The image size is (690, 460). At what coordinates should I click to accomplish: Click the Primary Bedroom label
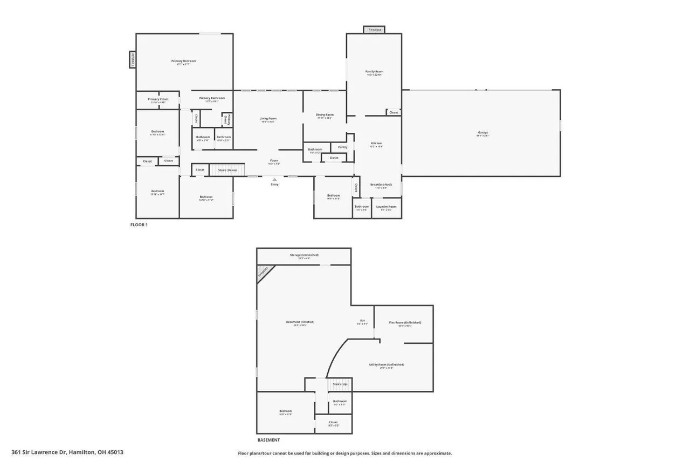[184, 61]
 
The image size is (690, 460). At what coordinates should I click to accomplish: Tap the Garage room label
[482, 132]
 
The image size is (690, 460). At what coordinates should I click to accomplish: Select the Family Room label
[374, 71]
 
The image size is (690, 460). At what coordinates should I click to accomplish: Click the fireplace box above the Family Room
[374, 30]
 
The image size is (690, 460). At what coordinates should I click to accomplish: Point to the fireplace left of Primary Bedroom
[132, 59]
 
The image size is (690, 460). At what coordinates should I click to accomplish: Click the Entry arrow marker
[274, 180]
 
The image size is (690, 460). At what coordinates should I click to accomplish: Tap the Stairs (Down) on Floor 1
[227, 170]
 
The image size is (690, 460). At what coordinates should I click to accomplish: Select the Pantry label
[342, 147]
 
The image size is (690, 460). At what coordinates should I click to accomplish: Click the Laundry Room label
[386, 207]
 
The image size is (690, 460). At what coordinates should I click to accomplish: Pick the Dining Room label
[325, 114]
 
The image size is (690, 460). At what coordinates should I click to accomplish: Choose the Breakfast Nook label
[381, 185]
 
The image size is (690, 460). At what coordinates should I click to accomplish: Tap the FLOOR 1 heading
[139, 225]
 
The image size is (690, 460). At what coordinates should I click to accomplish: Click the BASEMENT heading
[268, 440]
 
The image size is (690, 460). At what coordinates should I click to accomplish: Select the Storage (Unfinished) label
[304, 255]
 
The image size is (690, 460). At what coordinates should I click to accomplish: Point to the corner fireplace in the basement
[263, 272]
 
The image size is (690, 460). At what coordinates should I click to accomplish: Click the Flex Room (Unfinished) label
[405, 322]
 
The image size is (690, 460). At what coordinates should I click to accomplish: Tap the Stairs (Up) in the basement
[340, 384]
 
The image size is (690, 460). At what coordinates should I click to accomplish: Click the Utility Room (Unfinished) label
[387, 364]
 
